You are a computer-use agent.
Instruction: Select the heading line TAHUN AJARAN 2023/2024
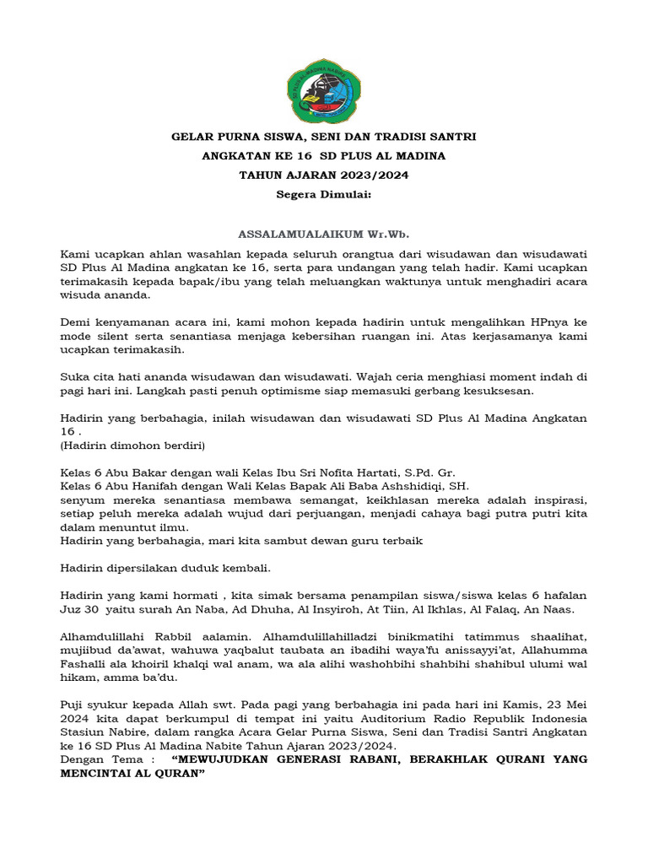coord(324,175)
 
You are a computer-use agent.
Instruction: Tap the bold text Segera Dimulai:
coord(324,194)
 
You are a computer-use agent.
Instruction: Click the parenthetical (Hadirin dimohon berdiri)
coord(133,445)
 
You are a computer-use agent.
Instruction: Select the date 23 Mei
coord(551,704)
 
